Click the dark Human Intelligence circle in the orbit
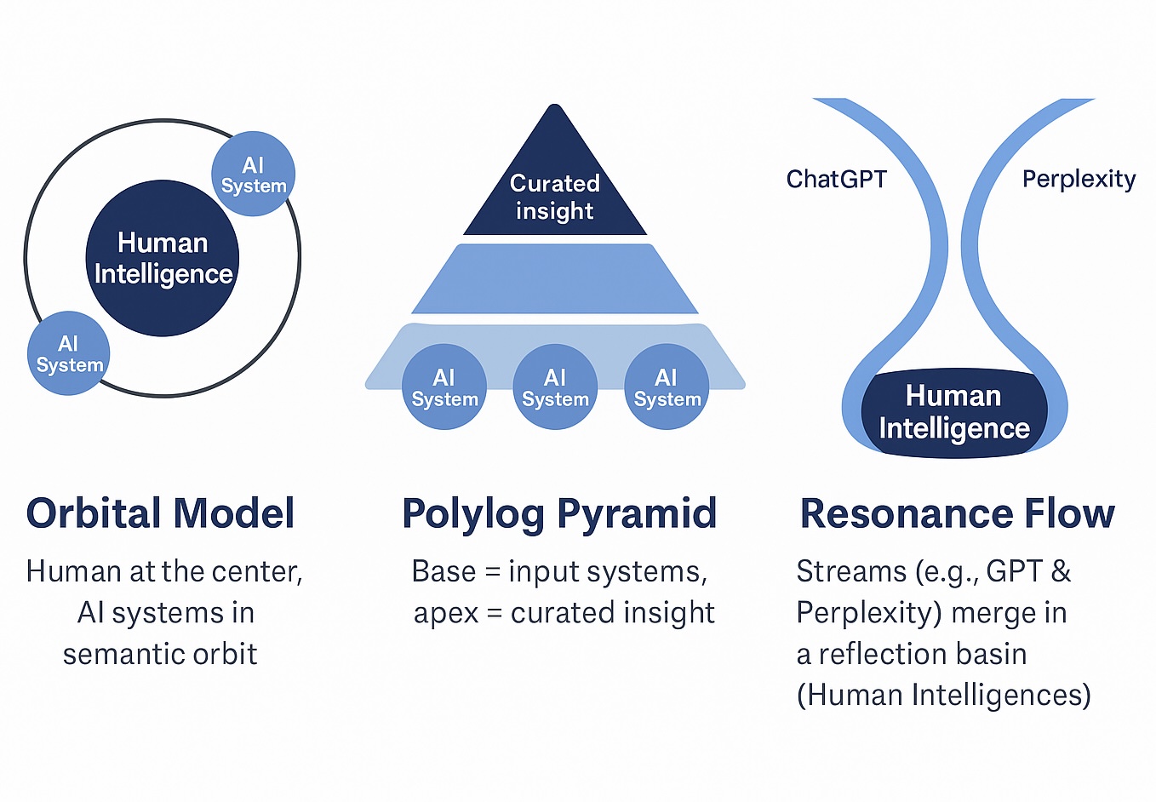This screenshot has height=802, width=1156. tap(162, 258)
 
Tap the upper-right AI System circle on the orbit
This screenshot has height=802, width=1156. tap(253, 174)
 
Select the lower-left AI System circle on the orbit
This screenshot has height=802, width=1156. tap(68, 354)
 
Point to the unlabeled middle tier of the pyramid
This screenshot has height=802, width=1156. tap(555, 279)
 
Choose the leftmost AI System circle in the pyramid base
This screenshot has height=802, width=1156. tap(444, 387)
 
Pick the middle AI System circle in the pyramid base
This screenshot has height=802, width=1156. tap(555, 387)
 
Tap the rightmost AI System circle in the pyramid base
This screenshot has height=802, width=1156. tap(667, 387)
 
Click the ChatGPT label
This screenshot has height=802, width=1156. tap(836, 179)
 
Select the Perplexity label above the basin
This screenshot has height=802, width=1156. tap(1079, 179)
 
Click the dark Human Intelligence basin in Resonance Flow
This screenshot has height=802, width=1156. tap(954, 413)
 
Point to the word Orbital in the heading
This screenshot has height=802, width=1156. tap(94, 513)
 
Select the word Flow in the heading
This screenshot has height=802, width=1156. tap(1069, 513)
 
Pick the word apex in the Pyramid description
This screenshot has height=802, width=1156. tap(445, 614)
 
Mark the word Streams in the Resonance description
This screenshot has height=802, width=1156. tap(851, 571)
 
